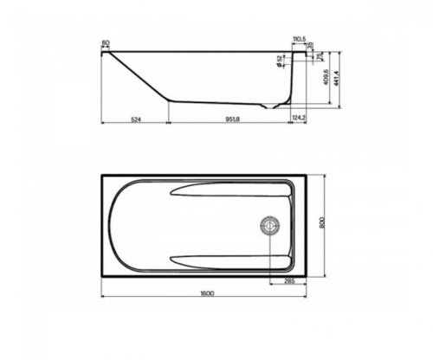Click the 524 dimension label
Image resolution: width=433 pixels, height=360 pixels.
click(134, 118)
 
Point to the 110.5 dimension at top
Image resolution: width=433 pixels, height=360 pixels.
click(301, 40)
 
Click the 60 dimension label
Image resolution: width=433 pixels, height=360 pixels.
click(105, 42)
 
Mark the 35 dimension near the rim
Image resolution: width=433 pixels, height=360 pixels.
click(311, 46)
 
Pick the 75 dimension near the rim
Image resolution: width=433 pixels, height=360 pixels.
click(319, 56)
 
